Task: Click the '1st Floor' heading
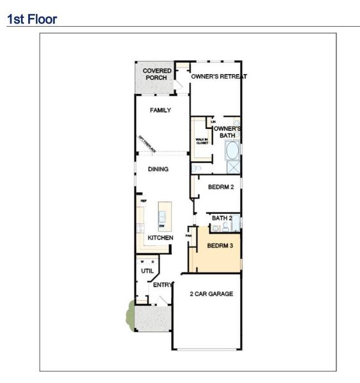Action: click(31, 19)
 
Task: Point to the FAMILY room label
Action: click(160, 110)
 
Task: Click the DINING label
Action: click(158, 169)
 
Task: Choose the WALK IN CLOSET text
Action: click(202, 141)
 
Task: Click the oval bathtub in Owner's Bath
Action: click(232, 151)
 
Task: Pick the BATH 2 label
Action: click(221, 218)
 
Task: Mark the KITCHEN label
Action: click(160, 237)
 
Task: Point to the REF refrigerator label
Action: click(144, 200)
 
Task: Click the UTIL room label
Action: click(147, 271)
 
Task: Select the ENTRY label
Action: click(162, 285)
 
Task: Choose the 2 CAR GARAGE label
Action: click(211, 294)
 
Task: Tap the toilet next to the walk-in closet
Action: click(198, 169)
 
